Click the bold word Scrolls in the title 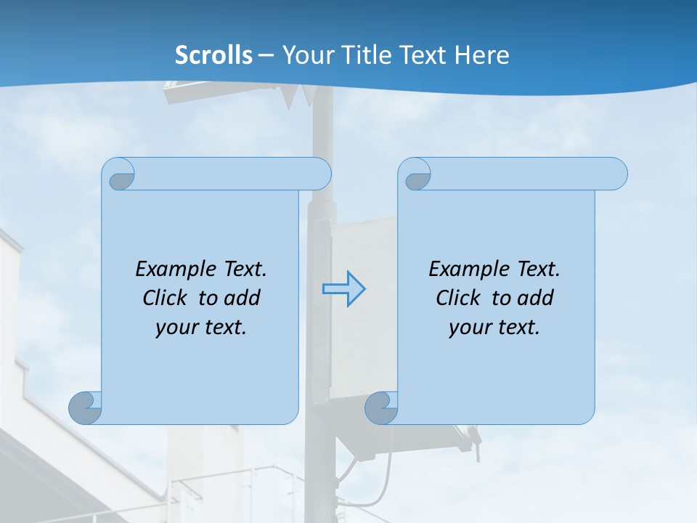pos(213,54)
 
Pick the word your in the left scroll pos(175,328)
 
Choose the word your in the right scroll pos(468,328)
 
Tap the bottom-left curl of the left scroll pos(86,408)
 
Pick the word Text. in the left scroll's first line pos(244,269)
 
